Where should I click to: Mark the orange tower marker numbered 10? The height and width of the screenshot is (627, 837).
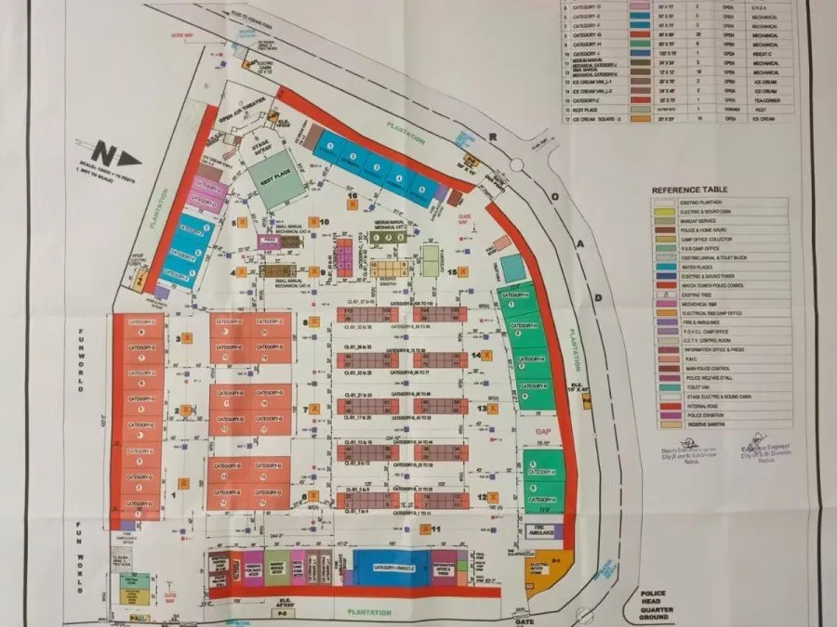point(314,223)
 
